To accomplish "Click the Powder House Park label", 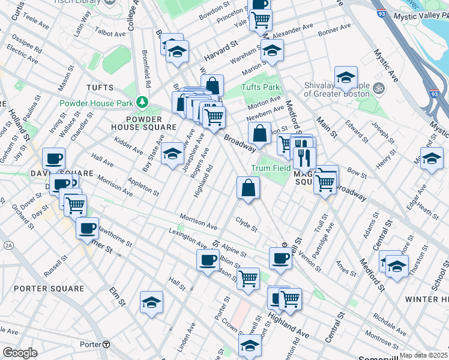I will [96, 103].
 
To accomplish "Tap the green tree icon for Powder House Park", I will [142, 101].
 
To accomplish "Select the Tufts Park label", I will [261, 87].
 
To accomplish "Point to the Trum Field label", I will [271, 168].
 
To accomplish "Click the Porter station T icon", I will [106, 344].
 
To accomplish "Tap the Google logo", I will [20, 353].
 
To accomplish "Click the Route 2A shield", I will [8, 245].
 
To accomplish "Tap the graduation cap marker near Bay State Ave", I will [172, 154].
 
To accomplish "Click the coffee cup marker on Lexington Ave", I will [208, 260].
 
